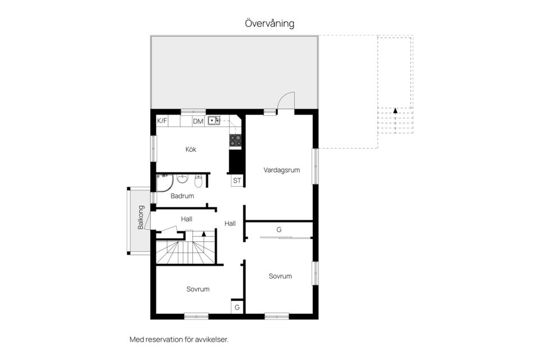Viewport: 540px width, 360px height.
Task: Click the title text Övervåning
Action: (269, 24)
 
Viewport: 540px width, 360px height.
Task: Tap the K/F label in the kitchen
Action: (162, 120)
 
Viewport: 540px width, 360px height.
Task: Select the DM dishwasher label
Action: (198, 121)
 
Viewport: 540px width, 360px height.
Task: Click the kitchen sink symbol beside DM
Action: (213, 120)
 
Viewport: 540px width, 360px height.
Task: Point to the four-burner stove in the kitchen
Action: (235, 139)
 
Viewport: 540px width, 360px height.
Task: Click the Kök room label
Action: (191, 150)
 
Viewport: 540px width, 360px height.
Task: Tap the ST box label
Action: (237, 181)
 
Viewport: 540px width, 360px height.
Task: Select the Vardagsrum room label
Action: (281, 169)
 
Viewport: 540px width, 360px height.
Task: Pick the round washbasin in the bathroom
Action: (182, 179)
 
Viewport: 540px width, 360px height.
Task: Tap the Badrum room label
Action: (182, 196)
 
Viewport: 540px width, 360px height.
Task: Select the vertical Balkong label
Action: (141, 217)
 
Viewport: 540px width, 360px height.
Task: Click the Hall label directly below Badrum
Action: (187, 219)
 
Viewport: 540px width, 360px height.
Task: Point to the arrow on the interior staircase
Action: (204, 233)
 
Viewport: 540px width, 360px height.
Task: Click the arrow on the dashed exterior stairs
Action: (395, 111)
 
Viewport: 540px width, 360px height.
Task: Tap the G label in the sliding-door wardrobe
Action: (279, 229)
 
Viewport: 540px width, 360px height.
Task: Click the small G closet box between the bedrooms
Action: (237, 307)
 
